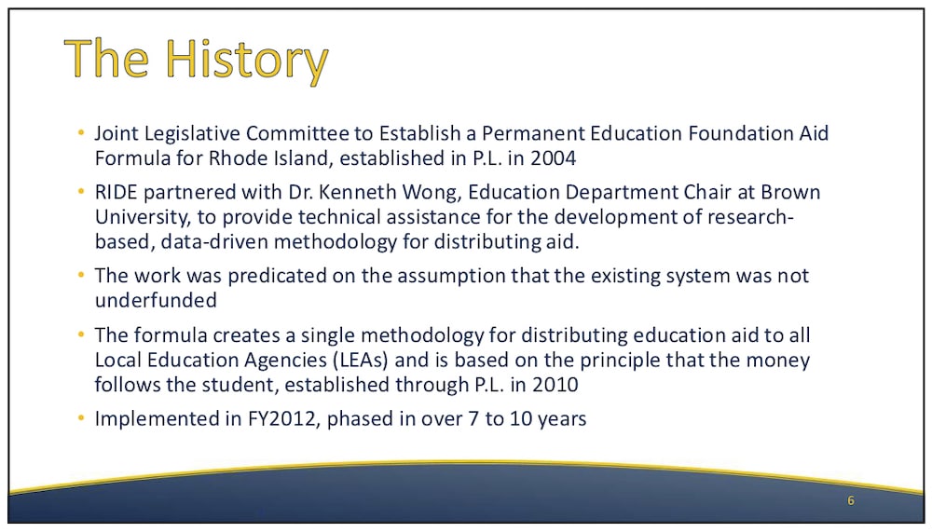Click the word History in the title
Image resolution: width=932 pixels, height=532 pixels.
[246, 60]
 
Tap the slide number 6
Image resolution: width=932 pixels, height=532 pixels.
[851, 500]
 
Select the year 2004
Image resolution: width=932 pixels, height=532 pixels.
[553, 158]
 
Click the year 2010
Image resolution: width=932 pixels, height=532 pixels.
[555, 385]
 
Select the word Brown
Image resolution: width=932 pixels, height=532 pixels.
[790, 192]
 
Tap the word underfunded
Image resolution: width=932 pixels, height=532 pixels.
[156, 300]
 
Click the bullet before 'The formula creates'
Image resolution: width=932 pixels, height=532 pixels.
[81, 334]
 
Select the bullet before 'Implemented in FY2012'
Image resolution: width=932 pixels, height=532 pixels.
[81, 418]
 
